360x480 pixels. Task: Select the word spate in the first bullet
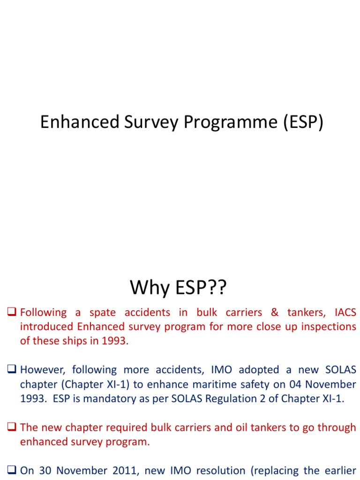(102, 313)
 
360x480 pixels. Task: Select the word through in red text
(337, 428)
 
